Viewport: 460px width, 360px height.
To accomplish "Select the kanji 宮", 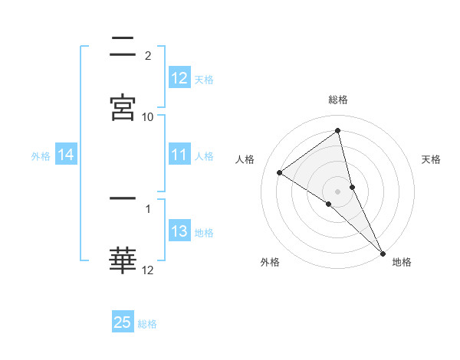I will [123, 106].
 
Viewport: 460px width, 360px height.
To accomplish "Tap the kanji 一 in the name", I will [123, 198].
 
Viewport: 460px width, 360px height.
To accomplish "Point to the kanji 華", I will [123, 260].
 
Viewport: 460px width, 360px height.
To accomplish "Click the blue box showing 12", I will [179, 78].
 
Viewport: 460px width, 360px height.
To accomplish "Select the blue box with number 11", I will [179, 155].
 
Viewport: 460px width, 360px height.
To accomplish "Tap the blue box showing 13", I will [179, 232].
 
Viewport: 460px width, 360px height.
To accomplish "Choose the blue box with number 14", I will [66, 155].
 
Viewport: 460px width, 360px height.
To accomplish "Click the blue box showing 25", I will [123, 322].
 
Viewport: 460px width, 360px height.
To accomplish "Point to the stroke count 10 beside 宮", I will [148, 116].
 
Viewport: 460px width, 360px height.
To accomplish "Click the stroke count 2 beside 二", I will [147, 55].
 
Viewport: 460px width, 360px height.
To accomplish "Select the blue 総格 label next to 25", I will [147, 324].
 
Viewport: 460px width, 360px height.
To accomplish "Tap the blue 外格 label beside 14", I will [41, 156].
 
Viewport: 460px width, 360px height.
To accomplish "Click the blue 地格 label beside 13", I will [205, 233].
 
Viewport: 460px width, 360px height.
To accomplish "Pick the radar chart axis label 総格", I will [338, 100].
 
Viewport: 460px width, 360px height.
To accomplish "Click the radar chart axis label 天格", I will [432, 159].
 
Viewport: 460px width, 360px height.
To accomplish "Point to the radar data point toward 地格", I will [383, 253].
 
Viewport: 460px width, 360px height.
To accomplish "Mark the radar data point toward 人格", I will [280, 172].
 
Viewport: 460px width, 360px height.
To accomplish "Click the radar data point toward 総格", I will [338, 131].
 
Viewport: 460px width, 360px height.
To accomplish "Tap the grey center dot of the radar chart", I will [338, 191].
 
